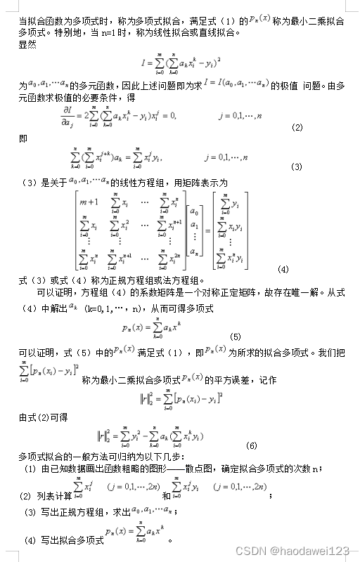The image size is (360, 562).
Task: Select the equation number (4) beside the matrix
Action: (x=283, y=269)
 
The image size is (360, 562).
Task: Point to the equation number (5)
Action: (x=236, y=336)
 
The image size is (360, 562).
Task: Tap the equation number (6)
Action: (x=251, y=445)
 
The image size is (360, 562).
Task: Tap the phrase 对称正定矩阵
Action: (x=230, y=292)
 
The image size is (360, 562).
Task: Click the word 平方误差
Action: (x=226, y=379)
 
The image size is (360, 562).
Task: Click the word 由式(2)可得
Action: (x=43, y=417)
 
